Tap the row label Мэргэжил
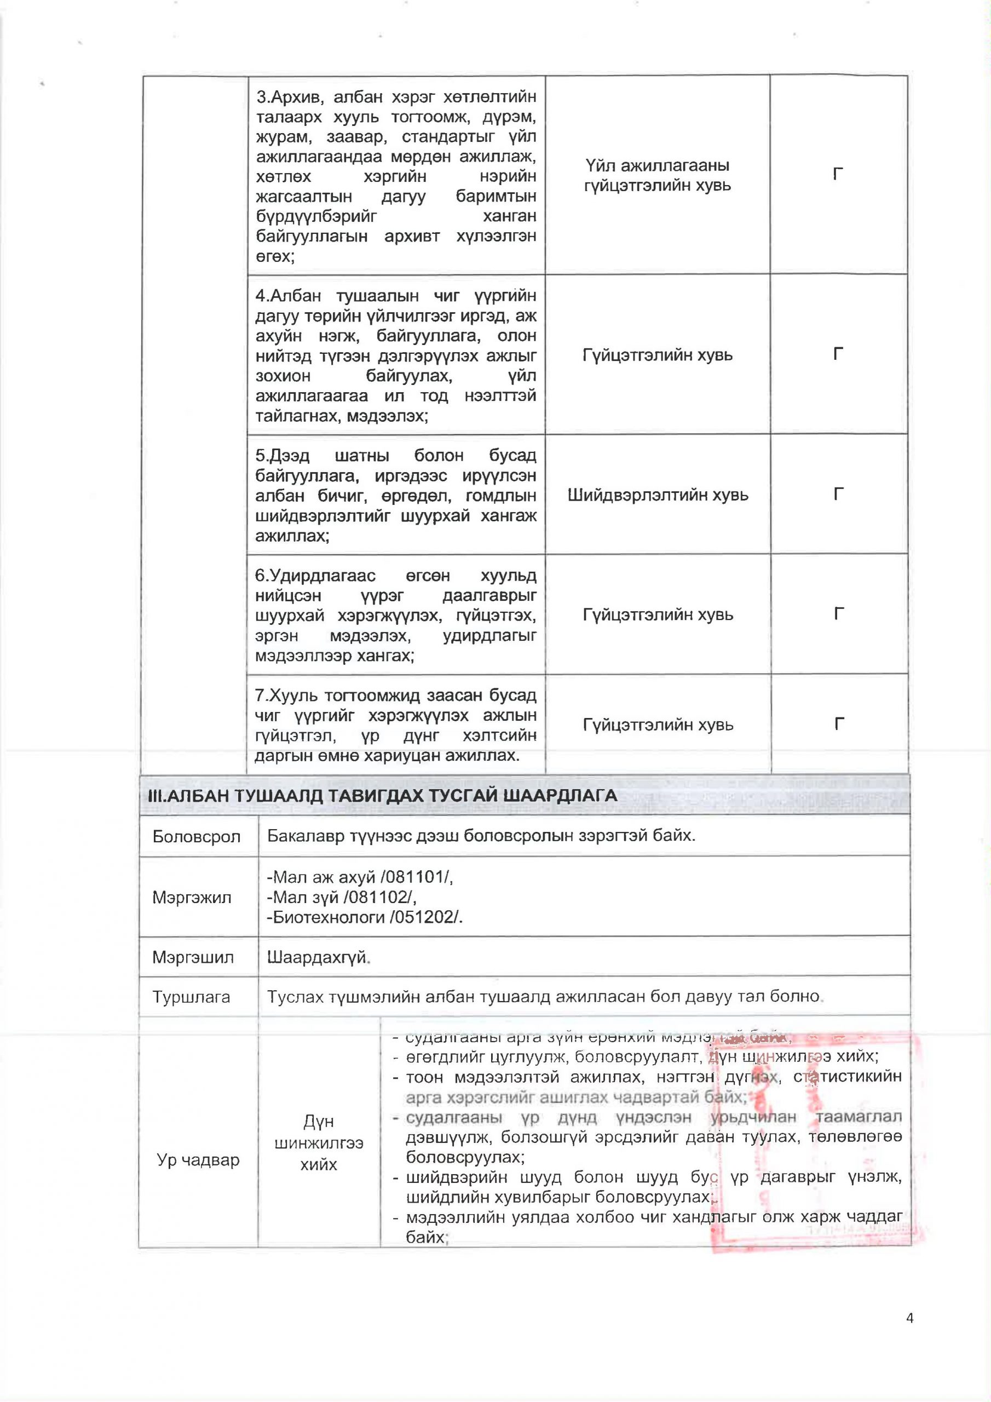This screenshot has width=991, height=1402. click(192, 898)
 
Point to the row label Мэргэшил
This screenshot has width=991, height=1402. click(193, 957)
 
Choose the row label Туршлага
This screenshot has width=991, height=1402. click(191, 997)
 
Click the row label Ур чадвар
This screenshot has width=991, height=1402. click(198, 1159)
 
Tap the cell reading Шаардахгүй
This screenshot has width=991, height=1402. click(318, 957)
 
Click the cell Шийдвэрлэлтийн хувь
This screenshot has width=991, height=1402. click(658, 495)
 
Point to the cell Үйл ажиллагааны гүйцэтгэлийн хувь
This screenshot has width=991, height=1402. click(657, 175)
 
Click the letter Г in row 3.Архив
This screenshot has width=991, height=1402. click(838, 175)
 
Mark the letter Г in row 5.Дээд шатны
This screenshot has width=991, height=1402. click(839, 493)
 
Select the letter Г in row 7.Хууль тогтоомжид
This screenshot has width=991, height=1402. click(839, 724)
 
